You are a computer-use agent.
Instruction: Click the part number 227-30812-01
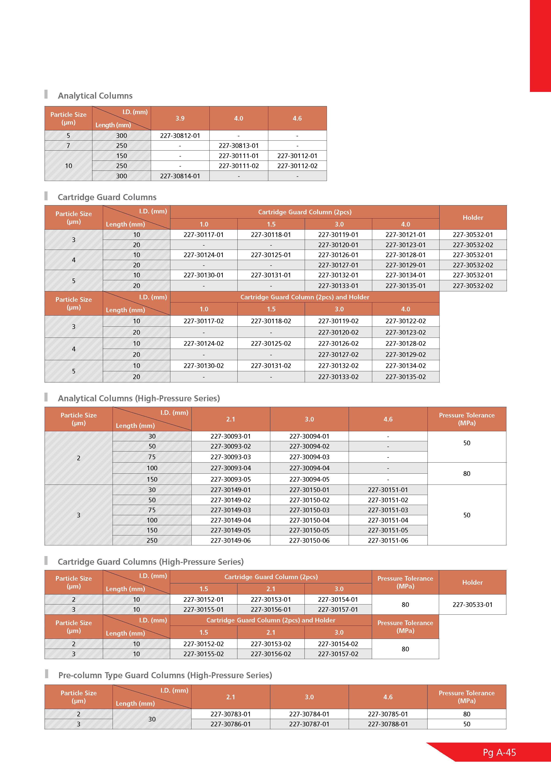tap(180, 136)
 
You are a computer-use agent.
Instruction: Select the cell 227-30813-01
tap(239, 145)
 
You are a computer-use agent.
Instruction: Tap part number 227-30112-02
tap(297, 166)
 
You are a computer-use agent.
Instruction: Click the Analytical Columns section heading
tap(95, 96)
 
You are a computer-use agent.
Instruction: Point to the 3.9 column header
tap(180, 118)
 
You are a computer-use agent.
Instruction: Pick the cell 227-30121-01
tap(406, 235)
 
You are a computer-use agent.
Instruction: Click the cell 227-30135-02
tap(406, 377)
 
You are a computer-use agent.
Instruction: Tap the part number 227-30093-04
tap(231, 468)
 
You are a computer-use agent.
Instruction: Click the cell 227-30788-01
tap(388, 724)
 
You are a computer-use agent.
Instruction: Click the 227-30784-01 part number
tap(309, 714)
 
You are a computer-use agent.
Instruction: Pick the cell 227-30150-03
tap(309, 510)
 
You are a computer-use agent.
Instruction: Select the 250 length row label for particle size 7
tap(121, 145)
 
